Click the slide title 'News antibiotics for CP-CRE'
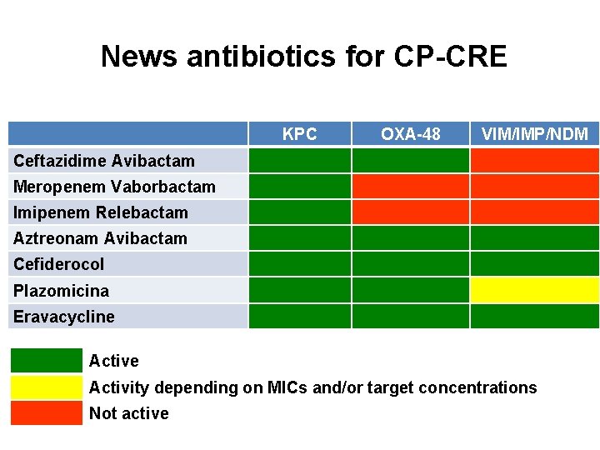(303, 57)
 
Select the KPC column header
(299, 134)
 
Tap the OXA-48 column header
(410, 134)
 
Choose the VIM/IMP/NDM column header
(534, 134)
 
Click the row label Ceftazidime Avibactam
(103, 161)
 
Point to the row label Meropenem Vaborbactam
(114, 187)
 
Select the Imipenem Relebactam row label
(100, 212)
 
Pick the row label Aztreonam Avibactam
(100, 238)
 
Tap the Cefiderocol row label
(58, 264)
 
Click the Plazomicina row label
(61, 291)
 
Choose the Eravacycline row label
(63, 317)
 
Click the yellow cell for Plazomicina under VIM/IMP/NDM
(534, 290)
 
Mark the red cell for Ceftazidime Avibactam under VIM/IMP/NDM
(534, 160)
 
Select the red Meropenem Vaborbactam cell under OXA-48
(410, 186)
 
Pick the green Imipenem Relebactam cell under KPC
(299, 212)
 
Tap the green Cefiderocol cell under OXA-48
(410, 264)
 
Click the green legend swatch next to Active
(47, 361)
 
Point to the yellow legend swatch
(47, 387)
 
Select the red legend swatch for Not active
(47, 413)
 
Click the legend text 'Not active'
(128, 413)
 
